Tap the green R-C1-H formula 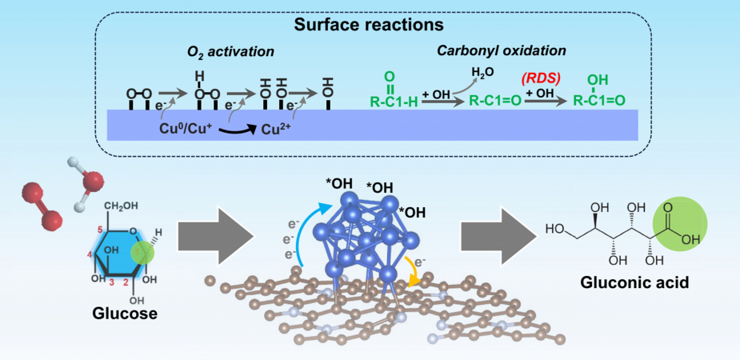point(392,100)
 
